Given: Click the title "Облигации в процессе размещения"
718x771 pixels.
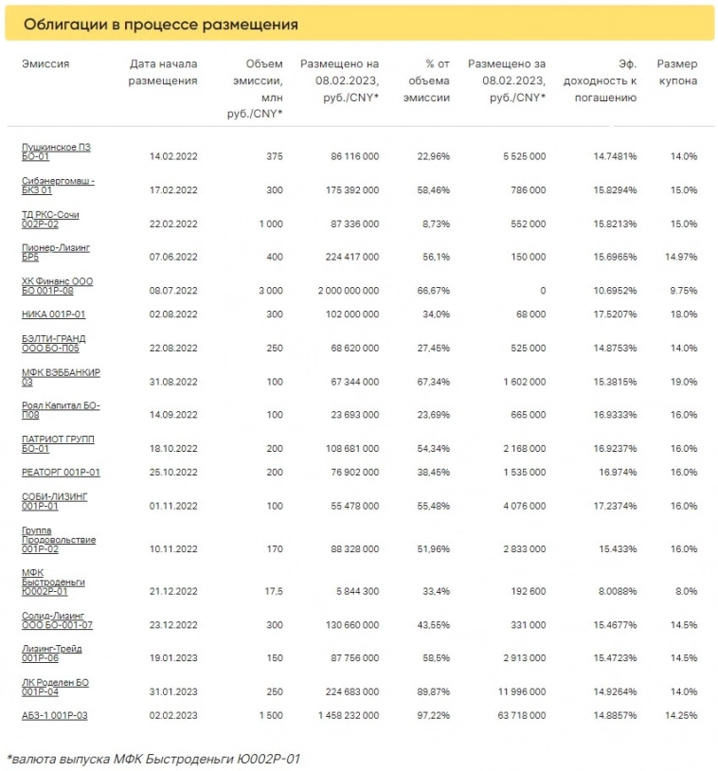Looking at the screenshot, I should click(160, 24).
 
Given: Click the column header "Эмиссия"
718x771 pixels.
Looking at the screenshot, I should click(45, 64).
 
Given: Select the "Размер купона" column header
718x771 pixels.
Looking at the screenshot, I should click(676, 73).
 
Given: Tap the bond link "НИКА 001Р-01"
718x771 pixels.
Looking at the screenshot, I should click(54, 314).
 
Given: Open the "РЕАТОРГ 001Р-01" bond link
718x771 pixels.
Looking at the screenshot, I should click(61, 472).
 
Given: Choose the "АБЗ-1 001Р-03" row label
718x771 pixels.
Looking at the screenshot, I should click(55, 715).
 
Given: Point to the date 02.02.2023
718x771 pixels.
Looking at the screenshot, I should click(173, 715).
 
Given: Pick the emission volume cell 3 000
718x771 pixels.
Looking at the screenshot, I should click(269, 291).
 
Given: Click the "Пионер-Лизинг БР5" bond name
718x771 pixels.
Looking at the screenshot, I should click(55, 252).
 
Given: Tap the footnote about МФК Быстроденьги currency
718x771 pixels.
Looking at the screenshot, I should click(153, 758).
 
